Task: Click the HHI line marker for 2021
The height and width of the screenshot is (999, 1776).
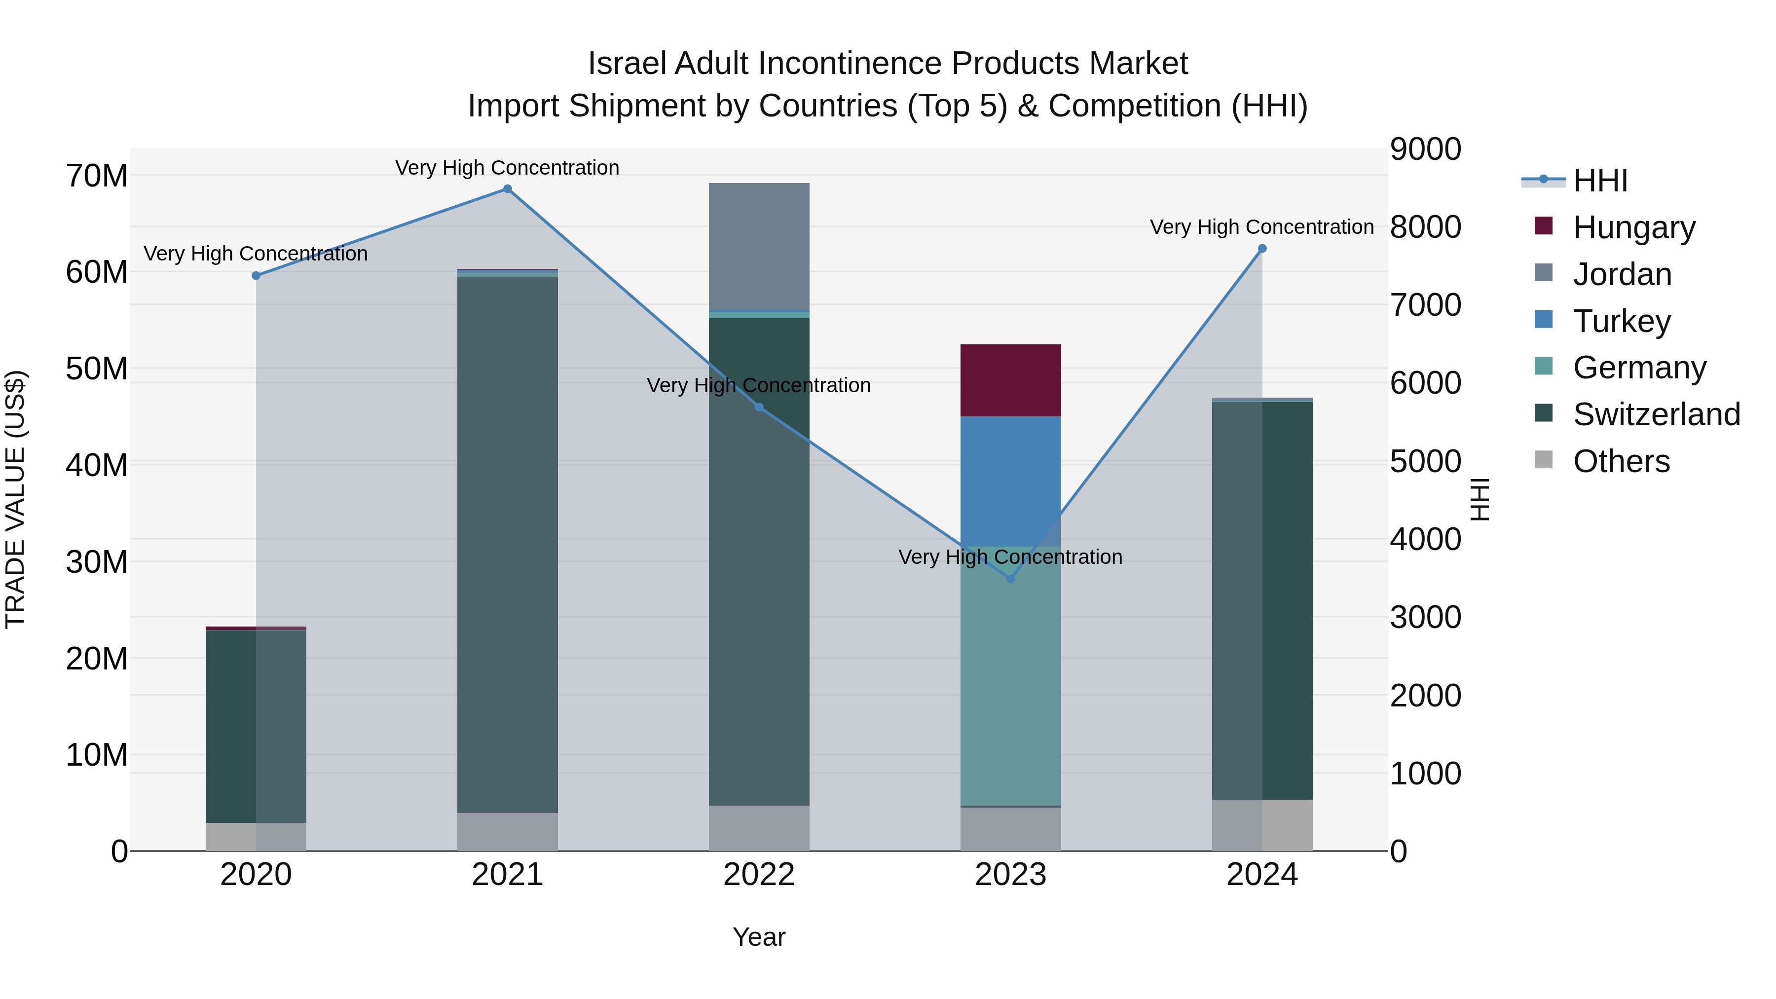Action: click(508, 189)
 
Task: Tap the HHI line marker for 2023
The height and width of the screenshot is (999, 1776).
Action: click(1011, 579)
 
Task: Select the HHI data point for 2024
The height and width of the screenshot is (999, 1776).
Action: click(1262, 249)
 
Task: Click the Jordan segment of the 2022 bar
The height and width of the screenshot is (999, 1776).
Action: click(759, 247)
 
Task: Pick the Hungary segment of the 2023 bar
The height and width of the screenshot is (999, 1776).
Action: click(1011, 380)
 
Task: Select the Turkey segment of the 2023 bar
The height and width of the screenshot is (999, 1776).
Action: click(1011, 481)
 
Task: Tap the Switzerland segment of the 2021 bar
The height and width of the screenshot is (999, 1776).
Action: click(508, 545)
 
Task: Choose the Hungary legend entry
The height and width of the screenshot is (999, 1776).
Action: click(1634, 227)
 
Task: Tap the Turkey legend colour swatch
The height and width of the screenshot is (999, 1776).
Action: click(1544, 320)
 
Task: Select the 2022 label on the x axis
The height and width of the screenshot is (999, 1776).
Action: click(759, 875)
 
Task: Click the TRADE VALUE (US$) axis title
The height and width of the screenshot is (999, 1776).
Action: click(15, 499)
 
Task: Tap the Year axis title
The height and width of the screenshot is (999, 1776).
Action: click(759, 937)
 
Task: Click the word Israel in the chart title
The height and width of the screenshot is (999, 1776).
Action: click(628, 64)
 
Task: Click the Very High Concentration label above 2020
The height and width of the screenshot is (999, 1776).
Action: click(256, 254)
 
